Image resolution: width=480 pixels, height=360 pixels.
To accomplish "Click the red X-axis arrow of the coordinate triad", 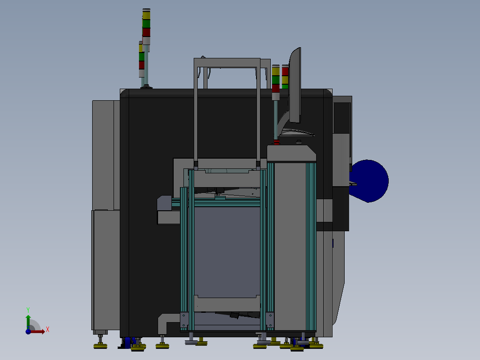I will [38, 331].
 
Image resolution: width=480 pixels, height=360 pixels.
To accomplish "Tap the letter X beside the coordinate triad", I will [48, 329].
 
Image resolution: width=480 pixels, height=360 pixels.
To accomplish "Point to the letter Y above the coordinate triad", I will [28, 309].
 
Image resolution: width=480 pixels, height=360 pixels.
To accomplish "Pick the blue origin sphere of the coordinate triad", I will [28, 331].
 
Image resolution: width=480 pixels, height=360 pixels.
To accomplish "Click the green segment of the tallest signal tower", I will [146, 24].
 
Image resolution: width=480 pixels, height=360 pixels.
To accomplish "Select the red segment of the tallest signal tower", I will [146, 33].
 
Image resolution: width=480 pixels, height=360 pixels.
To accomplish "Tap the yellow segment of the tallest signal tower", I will [146, 15].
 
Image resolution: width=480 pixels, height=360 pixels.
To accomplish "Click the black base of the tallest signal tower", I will [146, 87].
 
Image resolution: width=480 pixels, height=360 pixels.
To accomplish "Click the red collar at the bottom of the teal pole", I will [276, 143].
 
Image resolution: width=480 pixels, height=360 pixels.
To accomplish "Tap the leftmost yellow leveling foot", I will [100, 346].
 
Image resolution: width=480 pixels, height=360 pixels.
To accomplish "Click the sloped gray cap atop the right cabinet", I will [292, 153].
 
